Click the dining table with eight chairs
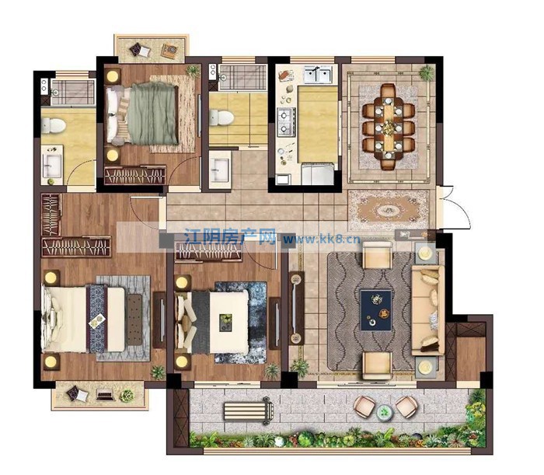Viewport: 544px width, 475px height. (389, 127)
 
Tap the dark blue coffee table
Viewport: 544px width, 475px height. (376, 310)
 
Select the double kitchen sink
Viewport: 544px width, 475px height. (318, 75)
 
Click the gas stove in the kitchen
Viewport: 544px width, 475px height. (286, 121)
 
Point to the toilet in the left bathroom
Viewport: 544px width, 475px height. (54, 126)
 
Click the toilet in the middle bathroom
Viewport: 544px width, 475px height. (221, 117)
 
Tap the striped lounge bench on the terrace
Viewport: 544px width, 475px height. (249, 410)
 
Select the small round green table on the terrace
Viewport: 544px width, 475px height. (383, 412)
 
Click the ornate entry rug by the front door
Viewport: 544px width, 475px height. (389, 210)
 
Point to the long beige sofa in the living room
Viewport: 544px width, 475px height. (427, 310)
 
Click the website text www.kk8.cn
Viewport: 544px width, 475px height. (322, 239)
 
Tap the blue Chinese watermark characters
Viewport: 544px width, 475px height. (230, 236)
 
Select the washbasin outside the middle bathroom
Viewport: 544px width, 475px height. (220, 170)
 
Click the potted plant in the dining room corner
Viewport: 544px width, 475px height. (426, 73)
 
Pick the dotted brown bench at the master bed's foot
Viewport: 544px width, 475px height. (134, 320)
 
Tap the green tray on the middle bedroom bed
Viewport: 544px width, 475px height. (225, 323)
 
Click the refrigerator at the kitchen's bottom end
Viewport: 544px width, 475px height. (318, 174)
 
